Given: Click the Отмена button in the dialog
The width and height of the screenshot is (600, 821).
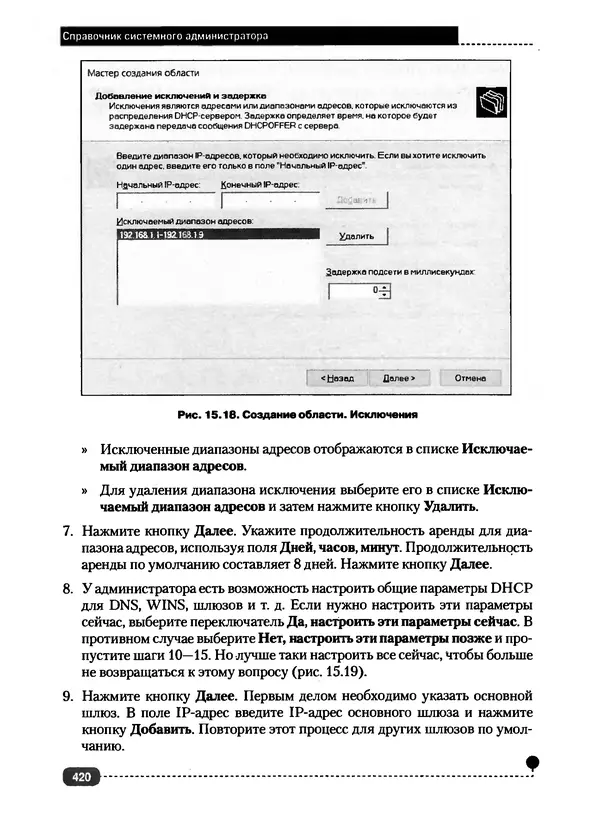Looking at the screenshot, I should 470,379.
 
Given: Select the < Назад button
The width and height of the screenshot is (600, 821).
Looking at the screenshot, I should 337,379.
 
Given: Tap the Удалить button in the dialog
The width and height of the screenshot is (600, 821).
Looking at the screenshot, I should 357,237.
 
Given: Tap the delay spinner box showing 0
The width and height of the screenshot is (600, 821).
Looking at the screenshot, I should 356,291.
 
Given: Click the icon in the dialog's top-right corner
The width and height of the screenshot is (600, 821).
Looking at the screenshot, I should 491,100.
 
